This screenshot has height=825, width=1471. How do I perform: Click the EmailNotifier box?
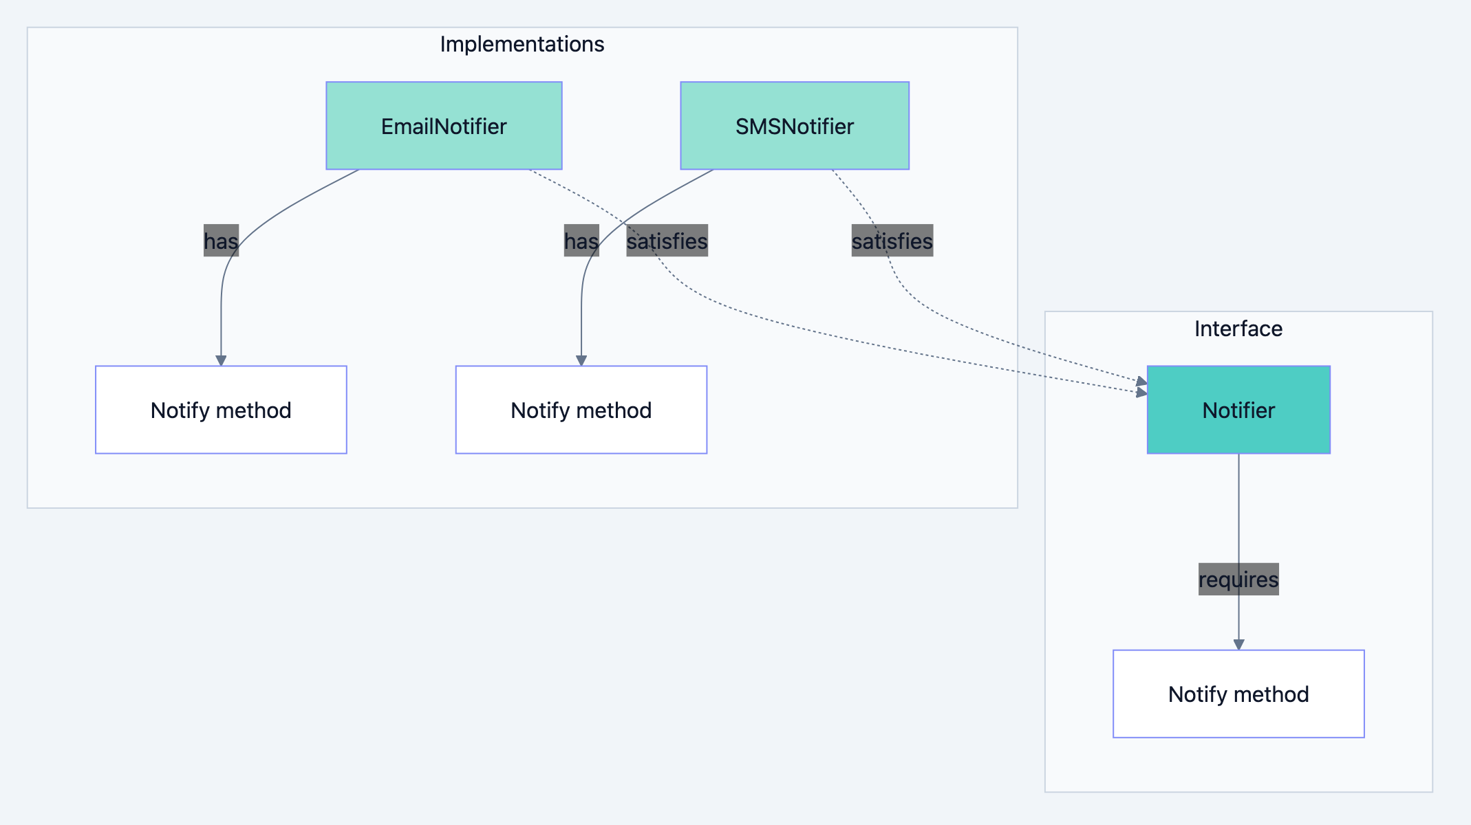tap(444, 126)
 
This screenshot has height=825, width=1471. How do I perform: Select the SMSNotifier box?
tap(795, 126)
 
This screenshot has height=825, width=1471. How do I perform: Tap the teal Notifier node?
tap(1238, 410)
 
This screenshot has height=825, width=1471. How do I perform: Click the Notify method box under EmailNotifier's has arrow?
tap(221, 410)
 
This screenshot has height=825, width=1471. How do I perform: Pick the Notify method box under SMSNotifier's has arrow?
tap(581, 410)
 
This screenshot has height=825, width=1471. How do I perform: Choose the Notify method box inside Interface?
tap(1238, 694)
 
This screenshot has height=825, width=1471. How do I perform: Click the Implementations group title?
tap(522, 44)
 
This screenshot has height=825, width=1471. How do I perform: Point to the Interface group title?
tap(1238, 329)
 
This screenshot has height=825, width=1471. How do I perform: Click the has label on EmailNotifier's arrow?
tap(221, 241)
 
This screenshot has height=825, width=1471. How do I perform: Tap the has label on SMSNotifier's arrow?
tap(581, 241)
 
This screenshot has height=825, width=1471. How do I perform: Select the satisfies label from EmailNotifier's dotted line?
tap(667, 241)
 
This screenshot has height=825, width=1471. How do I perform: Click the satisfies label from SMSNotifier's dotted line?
tap(892, 241)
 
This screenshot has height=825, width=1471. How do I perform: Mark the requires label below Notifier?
tap(1238, 579)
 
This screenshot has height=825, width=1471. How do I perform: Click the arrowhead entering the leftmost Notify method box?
tap(221, 360)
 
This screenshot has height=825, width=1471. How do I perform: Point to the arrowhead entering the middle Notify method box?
tap(581, 360)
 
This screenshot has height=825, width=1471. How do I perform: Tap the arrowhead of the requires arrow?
tap(1238, 644)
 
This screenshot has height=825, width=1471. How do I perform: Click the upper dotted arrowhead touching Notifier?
tap(1141, 382)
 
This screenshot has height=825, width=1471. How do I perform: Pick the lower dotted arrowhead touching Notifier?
tap(1141, 393)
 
